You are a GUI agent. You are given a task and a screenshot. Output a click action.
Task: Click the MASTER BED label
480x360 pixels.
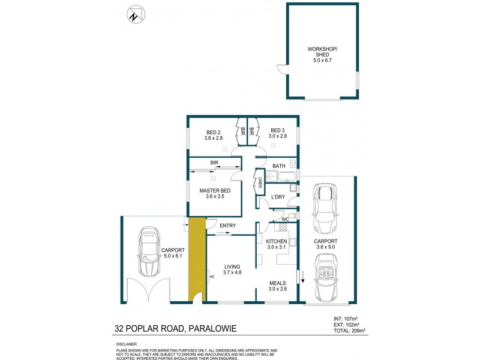[x=215, y=191]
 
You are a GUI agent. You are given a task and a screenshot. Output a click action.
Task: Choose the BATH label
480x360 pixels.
[x=279, y=166]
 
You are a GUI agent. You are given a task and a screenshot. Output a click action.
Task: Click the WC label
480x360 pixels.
[x=277, y=220]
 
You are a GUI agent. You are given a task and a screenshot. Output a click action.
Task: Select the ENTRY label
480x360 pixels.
[x=227, y=226]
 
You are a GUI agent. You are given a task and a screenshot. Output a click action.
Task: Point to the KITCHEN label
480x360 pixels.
[x=277, y=241]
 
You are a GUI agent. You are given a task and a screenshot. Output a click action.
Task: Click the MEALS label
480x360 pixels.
[x=277, y=283]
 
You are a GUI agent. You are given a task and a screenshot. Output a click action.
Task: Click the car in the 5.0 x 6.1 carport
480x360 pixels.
[x=148, y=249]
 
